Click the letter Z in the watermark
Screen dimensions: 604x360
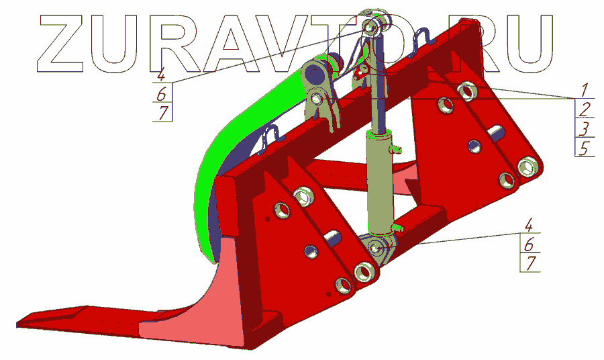click(x=60, y=43)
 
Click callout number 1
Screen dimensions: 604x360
click(x=585, y=89)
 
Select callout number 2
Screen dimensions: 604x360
click(x=585, y=109)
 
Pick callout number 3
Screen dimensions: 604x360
click(x=585, y=128)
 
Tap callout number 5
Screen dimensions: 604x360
click(x=585, y=148)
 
